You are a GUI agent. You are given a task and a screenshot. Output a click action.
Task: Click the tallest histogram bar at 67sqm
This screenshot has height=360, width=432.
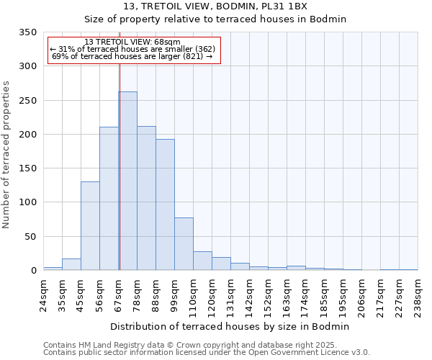128,181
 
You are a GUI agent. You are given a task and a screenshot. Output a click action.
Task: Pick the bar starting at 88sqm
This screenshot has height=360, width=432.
165,204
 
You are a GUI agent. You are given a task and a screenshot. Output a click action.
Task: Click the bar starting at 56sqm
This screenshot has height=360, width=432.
109,198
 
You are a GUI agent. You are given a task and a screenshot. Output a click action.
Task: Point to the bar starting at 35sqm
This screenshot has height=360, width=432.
71,264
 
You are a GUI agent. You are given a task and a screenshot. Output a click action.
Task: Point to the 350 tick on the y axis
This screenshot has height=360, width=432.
27,32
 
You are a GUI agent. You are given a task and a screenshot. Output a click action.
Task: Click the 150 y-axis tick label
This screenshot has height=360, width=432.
27,168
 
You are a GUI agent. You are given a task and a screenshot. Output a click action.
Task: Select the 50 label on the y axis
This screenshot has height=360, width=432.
30,236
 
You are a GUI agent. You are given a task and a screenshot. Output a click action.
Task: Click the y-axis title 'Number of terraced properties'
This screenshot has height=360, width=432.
6,154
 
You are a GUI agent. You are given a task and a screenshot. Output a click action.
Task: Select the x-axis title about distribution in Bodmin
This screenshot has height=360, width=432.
230,326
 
